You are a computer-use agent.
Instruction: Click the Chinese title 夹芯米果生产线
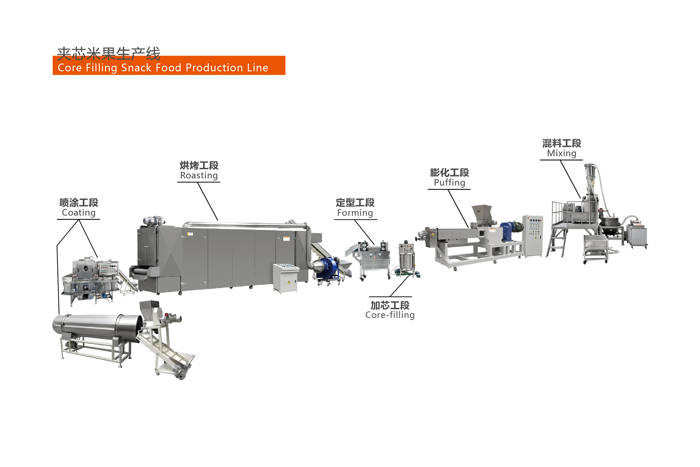pos(109,54)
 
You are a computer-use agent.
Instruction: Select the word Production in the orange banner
pos(214,68)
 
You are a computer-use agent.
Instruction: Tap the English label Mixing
pos(561,153)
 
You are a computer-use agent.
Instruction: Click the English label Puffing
pos(449,182)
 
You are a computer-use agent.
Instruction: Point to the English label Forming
pos(355,213)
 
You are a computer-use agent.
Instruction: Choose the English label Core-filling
pos(390,315)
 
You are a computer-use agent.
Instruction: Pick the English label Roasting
pos(199,175)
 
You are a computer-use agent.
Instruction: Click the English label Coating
pos(79,213)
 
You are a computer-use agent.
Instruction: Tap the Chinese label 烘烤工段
pos(199,165)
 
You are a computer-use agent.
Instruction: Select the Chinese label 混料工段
pos(561,143)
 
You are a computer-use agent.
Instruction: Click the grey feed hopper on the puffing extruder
pos(482,214)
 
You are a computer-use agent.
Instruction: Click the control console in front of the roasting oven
pos(286,278)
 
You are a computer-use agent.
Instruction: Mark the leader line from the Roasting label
pos(208,201)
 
